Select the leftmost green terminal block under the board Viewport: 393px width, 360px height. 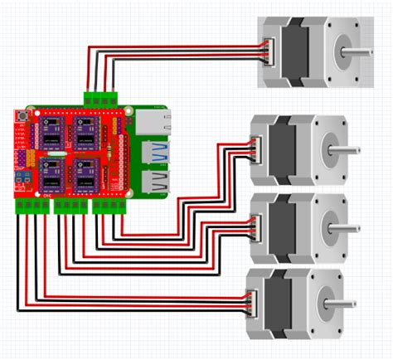tap(34, 205)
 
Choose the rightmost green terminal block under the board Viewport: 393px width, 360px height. tap(110, 205)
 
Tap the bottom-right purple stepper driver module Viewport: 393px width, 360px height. tap(85, 173)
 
